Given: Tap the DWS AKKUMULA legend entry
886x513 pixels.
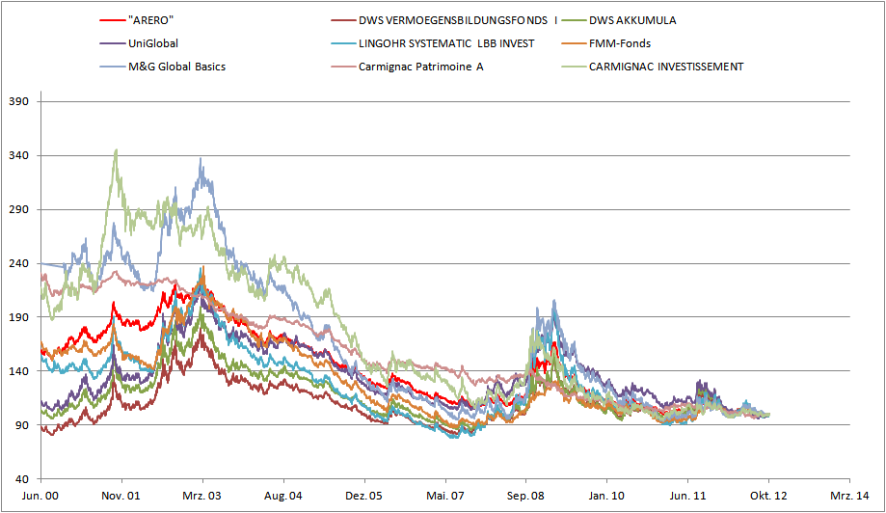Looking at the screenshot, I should point(632,20).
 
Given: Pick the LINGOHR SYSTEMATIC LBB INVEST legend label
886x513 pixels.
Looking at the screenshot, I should point(446,43).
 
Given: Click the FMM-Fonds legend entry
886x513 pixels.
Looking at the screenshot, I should point(619,43).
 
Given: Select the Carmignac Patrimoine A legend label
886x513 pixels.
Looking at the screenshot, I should point(420,67).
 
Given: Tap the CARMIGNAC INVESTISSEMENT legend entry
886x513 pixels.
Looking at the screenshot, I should point(665,67).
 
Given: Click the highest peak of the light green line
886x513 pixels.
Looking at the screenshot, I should point(116,149).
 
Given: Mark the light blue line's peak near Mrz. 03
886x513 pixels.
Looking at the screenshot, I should point(201,160).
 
